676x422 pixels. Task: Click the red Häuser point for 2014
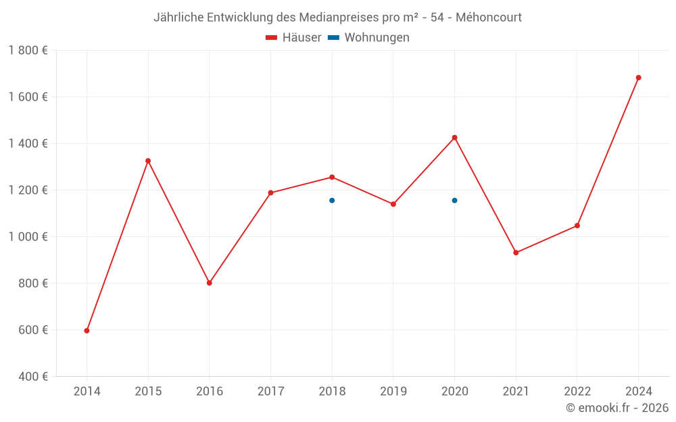[87, 331]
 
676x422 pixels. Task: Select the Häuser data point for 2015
[148, 161]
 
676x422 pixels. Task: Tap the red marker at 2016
[210, 283]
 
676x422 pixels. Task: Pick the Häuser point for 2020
[454, 138]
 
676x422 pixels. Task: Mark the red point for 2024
[638, 78]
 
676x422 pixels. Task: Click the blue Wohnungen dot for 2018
[332, 201]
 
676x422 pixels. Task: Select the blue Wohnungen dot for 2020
[454, 201]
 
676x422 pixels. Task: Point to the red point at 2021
[516, 253]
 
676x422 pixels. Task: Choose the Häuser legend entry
[293, 38]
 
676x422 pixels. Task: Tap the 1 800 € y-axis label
[28, 51]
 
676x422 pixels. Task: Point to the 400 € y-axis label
[32, 376]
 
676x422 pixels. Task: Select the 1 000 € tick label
[28, 236]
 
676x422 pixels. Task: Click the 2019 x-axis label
[393, 392]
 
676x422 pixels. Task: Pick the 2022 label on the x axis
[577, 392]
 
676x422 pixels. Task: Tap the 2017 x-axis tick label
[270, 392]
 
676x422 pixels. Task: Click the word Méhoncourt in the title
[489, 18]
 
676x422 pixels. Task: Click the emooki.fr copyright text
[617, 408]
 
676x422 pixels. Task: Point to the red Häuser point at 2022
[577, 226]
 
